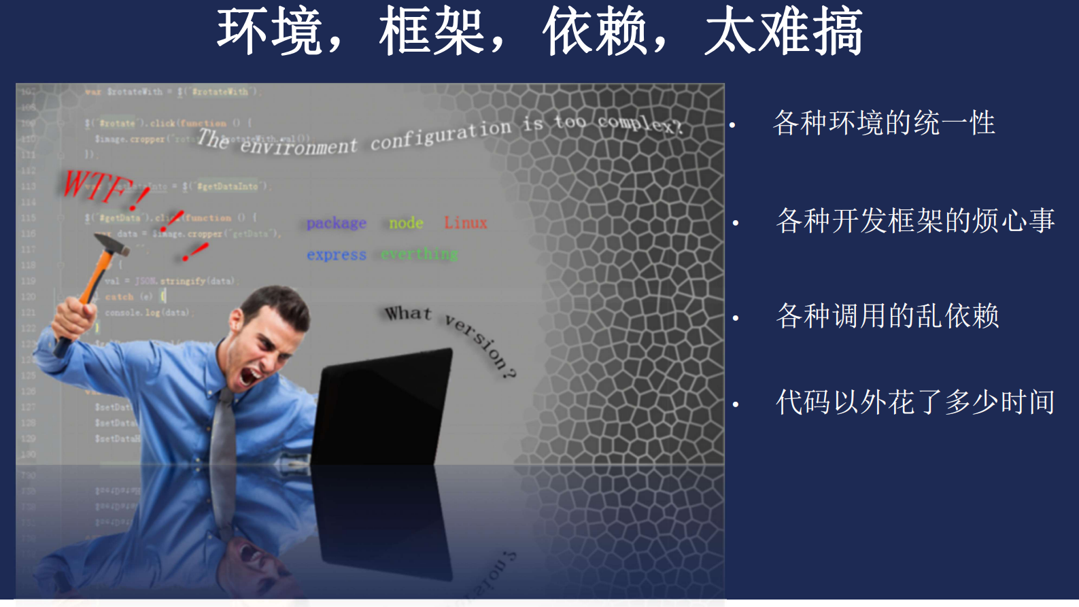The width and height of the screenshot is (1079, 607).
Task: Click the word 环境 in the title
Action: (x=269, y=31)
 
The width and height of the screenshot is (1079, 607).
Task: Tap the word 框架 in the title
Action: (x=432, y=31)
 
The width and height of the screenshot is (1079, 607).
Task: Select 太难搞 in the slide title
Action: (x=783, y=31)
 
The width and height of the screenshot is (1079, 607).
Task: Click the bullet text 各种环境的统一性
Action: (x=884, y=123)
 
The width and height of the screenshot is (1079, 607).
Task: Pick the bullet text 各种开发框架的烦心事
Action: (x=915, y=221)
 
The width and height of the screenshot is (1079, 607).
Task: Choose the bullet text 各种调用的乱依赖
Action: (x=887, y=316)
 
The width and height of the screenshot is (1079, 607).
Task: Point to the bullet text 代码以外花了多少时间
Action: (x=915, y=402)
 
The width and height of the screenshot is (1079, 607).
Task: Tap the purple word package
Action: (x=336, y=223)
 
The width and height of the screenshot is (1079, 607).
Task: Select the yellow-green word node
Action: (x=406, y=223)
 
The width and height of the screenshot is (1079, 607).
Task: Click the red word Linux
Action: (x=466, y=223)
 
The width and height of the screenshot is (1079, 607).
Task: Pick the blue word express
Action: (x=336, y=255)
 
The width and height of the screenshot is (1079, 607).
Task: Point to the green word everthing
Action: (x=419, y=254)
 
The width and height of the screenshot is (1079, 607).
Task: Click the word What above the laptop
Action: (x=408, y=313)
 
